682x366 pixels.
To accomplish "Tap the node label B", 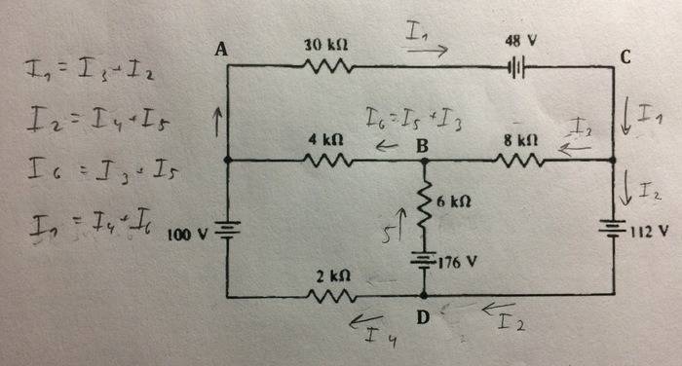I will pos(423,145).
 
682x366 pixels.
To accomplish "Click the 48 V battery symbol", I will pos(516,68).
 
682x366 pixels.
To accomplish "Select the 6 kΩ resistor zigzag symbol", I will pos(424,205).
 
